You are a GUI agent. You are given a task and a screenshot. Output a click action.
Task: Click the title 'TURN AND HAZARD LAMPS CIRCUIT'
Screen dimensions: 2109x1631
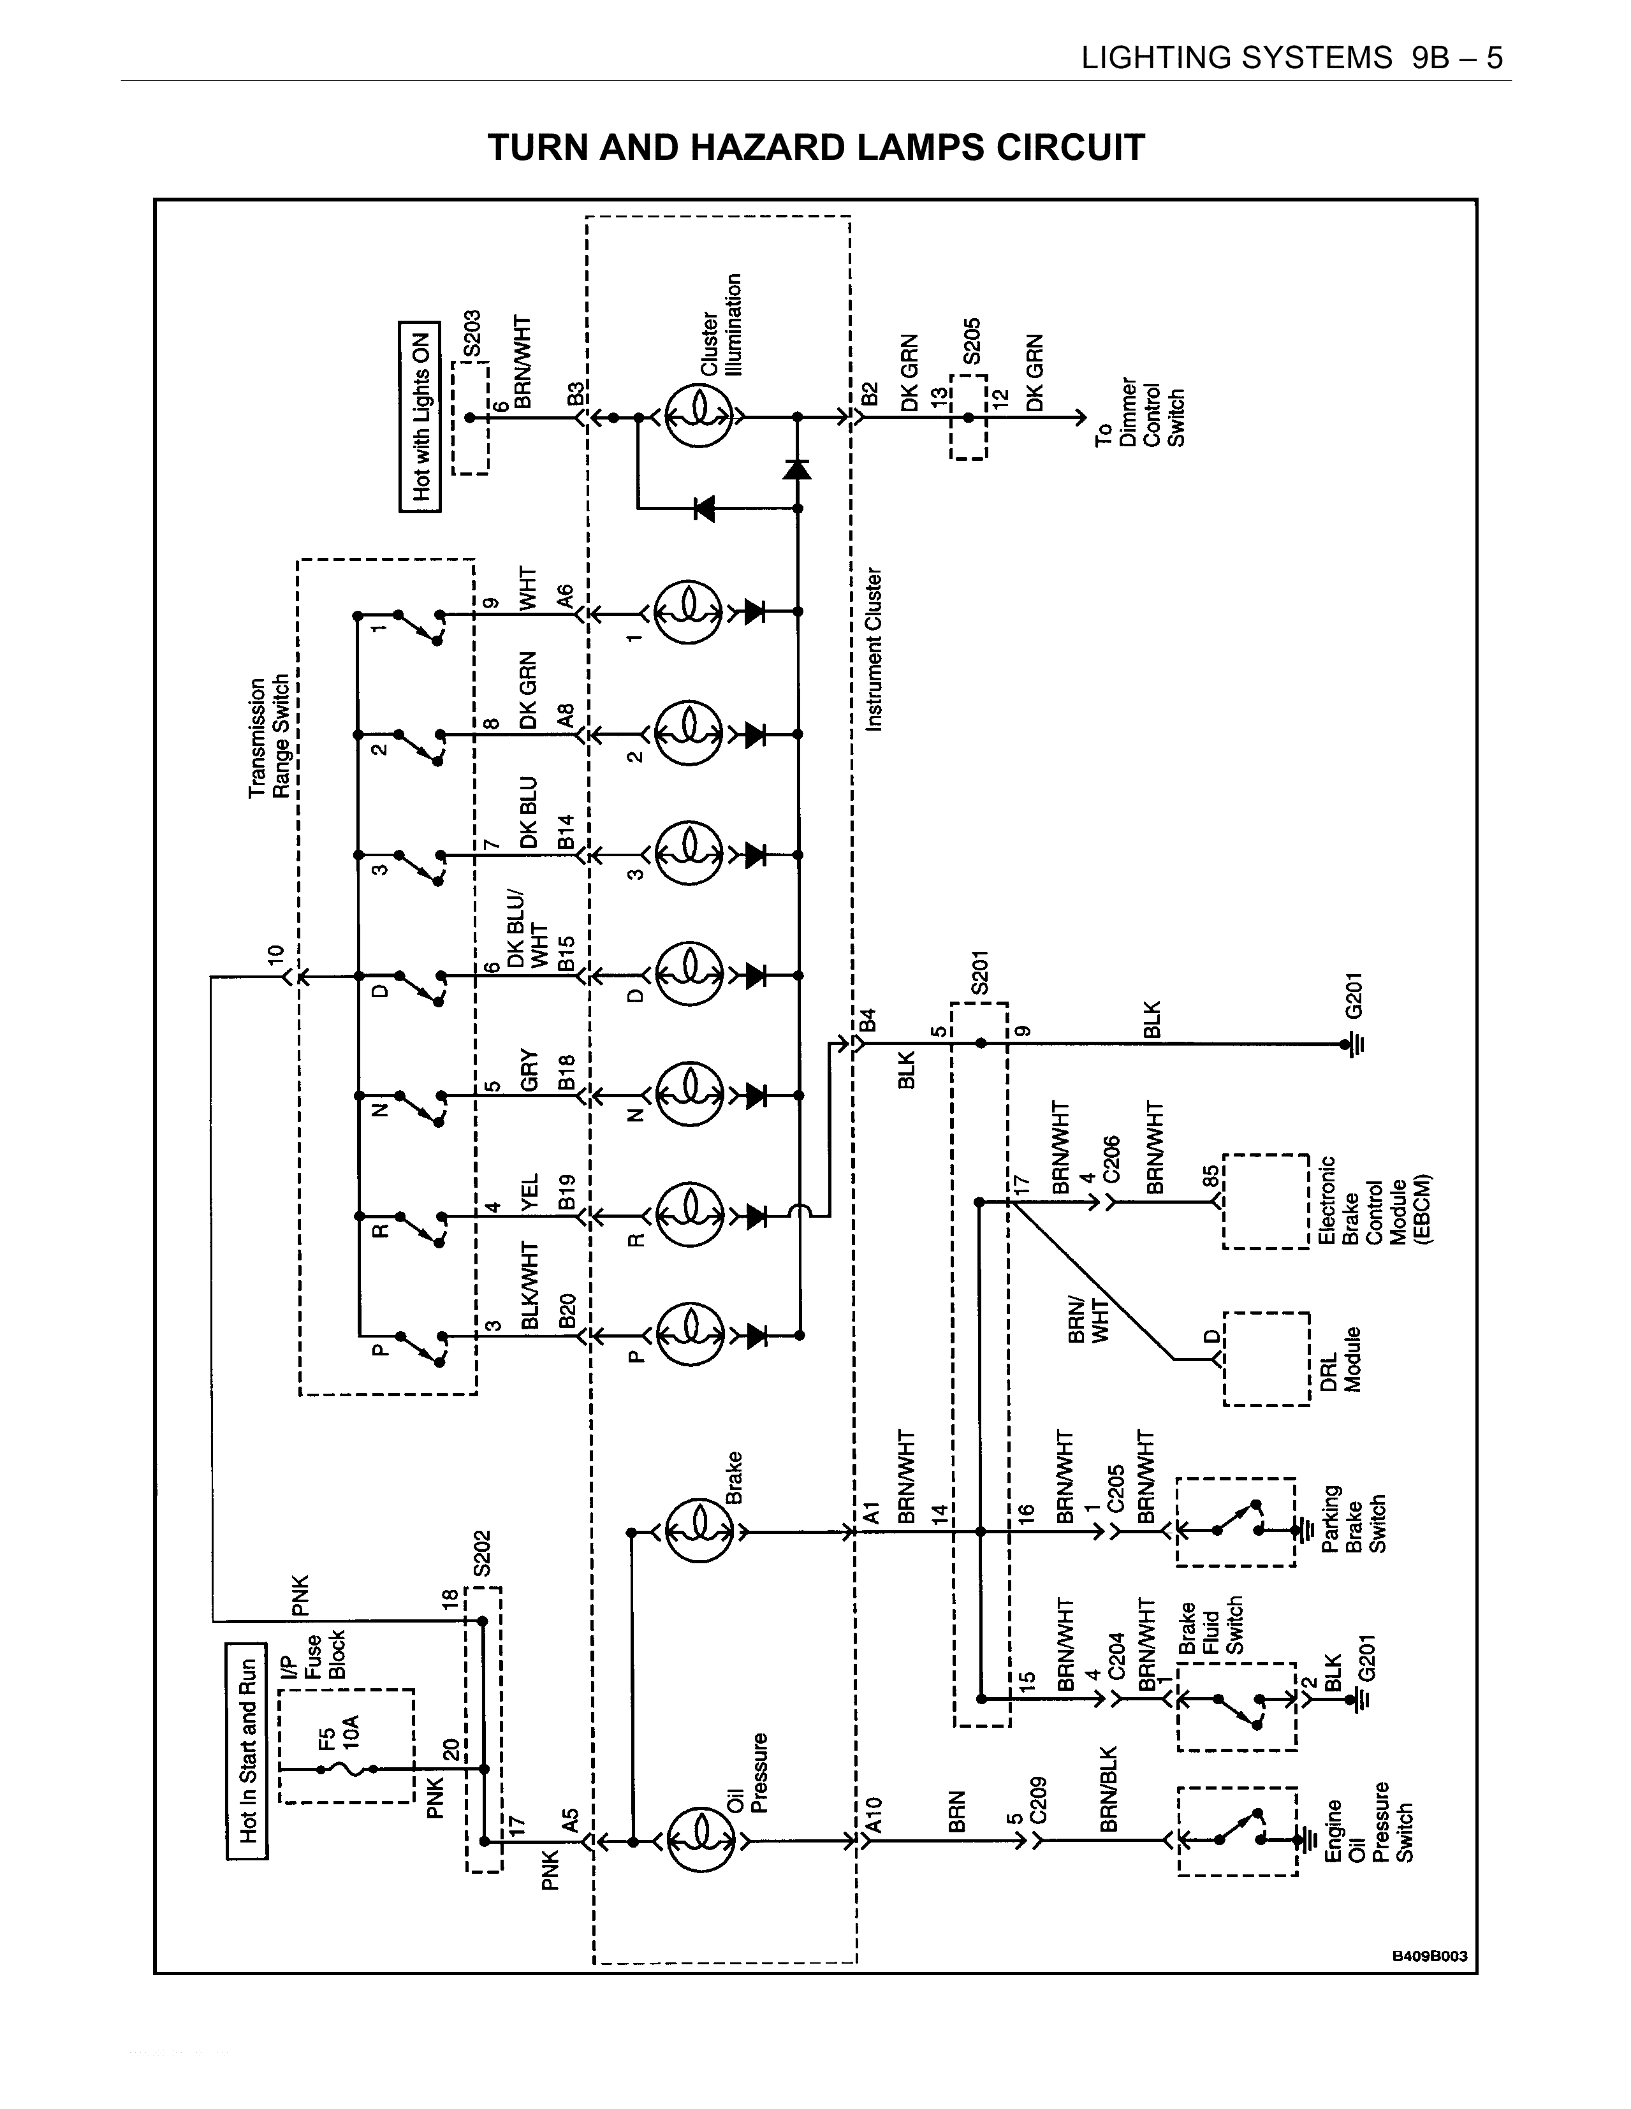coord(816,148)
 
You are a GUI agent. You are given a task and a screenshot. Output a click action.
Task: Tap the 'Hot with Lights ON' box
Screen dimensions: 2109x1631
coord(420,416)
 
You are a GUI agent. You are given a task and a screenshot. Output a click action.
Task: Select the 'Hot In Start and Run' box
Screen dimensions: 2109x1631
coord(247,1751)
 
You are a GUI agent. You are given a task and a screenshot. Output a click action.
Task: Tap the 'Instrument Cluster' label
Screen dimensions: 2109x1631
coord(874,649)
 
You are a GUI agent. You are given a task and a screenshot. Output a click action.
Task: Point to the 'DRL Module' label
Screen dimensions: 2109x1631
coord(1340,1359)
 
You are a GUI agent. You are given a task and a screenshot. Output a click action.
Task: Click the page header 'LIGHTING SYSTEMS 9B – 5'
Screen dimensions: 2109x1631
coord(1291,59)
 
